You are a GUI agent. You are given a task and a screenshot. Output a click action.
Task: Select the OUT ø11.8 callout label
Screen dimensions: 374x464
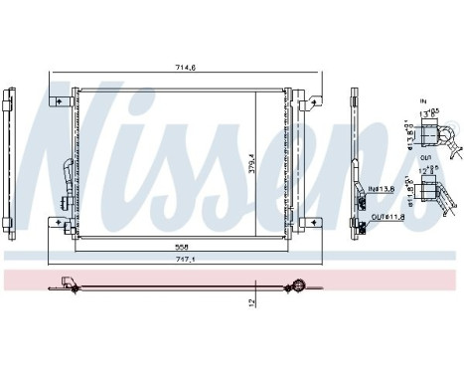[386, 216]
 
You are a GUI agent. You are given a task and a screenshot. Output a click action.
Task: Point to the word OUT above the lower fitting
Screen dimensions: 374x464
[423, 156]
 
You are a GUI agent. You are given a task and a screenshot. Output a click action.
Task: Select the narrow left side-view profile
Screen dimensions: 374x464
[9, 159]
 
